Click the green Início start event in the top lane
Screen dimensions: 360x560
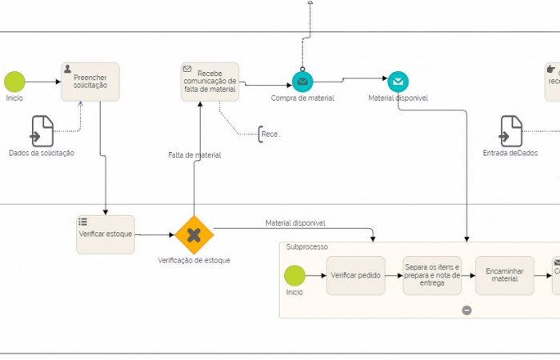coord(14,82)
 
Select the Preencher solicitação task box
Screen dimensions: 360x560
coord(90,82)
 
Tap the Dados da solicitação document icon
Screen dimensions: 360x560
coord(42,131)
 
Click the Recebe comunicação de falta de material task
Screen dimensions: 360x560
coord(210,82)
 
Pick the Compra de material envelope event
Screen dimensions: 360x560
coord(302,82)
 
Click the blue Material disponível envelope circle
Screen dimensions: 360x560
coord(398,82)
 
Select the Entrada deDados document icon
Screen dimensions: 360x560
coord(510,131)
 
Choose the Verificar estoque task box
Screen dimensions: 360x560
coord(106,234)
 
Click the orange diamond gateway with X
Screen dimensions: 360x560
coord(194,234)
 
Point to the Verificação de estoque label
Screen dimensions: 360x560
coord(194,261)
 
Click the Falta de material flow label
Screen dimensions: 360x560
coord(194,154)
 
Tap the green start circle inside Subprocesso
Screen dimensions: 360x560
coord(294,275)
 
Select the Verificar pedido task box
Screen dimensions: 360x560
coord(355,275)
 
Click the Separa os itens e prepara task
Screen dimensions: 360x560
coord(432,275)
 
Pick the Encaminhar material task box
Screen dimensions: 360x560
coord(504,275)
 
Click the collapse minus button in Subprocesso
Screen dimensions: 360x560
coord(467,310)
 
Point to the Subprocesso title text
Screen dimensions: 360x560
coord(307,247)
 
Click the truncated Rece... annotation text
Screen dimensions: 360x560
coord(272,134)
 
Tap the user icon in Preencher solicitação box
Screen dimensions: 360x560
coord(67,70)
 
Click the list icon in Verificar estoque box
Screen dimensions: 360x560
coord(82,222)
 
